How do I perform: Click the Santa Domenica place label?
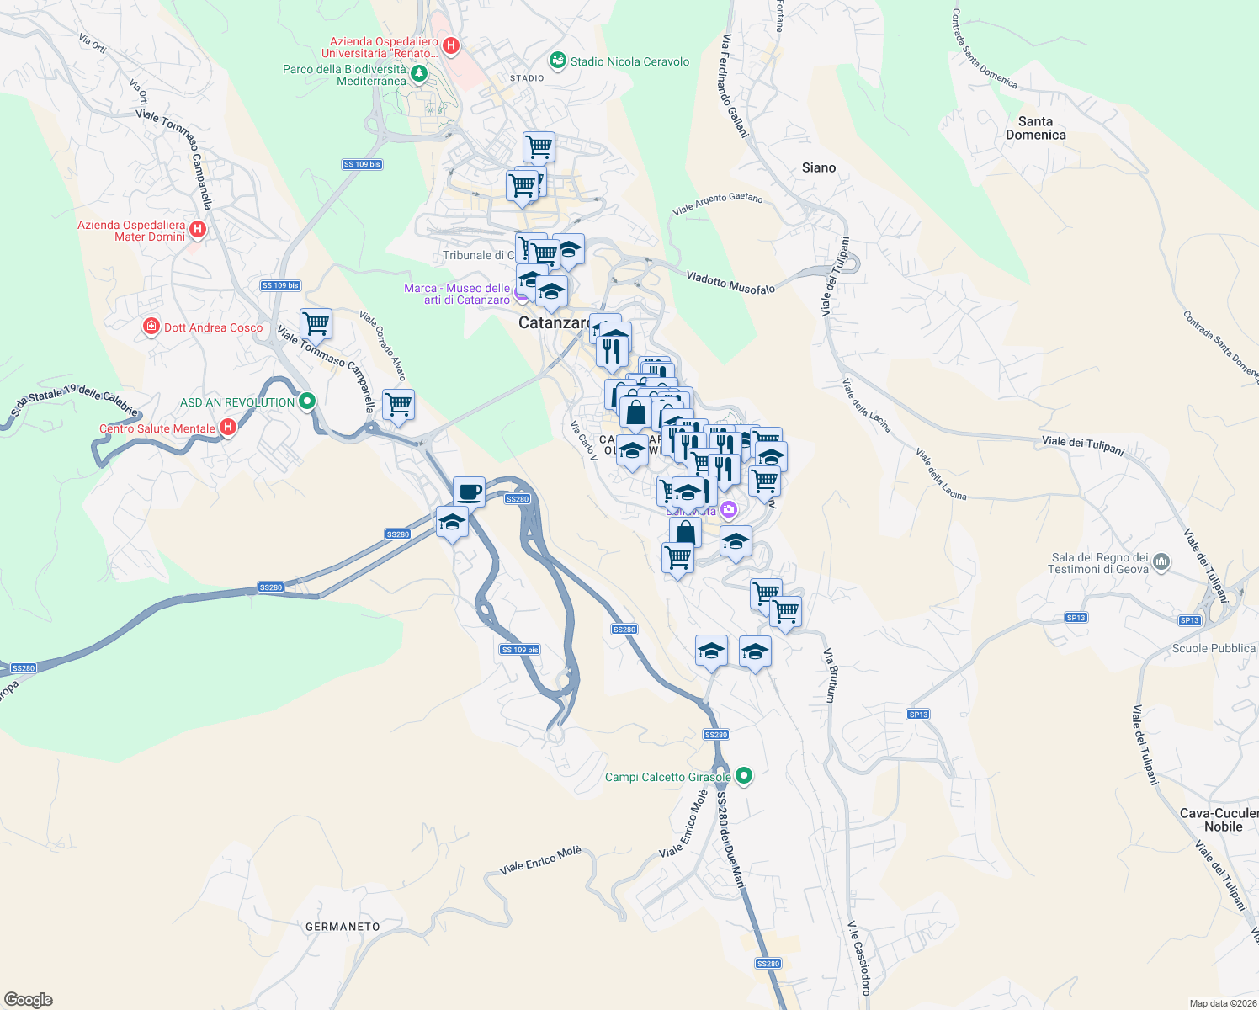pos(1035,128)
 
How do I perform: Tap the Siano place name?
pos(819,167)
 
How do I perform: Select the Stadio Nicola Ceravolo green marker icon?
pos(557,61)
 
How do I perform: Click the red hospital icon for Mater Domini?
pos(198,229)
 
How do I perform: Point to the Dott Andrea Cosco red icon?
pos(151,327)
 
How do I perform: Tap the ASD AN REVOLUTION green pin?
pos(307,401)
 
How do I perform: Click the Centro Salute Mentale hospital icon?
pos(227,428)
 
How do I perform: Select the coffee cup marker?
pos(469,491)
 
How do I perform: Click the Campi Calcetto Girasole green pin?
pos(743,776)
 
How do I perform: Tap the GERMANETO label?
pos(343,927)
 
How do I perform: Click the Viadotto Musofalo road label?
pos(730,283)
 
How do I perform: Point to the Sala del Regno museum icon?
pos(1161,561)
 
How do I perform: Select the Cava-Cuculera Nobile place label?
pos(1221,820)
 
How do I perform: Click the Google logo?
pos(29,1000)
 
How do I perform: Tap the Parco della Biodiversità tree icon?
pos(418,74)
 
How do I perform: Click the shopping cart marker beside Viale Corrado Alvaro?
pos(398,404)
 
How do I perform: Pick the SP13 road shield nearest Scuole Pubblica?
pos(1189,620)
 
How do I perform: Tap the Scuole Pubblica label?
pos(1214,648)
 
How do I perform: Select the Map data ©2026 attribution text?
pos(1223,1003)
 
